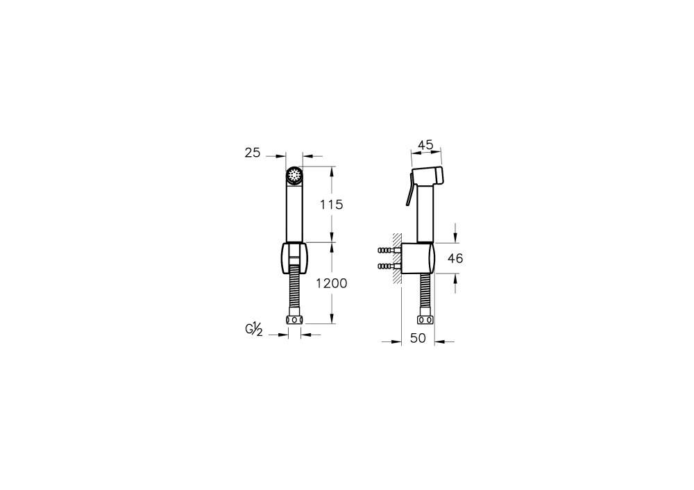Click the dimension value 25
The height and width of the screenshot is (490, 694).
[253, 153]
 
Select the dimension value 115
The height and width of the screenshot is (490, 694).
[332, 205]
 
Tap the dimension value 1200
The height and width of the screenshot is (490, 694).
[332, 283]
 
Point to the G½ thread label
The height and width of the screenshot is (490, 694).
[255, 330]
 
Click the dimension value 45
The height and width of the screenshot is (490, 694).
[426, 145]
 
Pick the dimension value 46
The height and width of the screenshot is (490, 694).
[455, 258]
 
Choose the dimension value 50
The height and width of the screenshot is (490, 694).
[418, 338]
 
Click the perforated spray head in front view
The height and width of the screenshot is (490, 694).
[294, 176]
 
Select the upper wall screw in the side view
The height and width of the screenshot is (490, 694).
[389, 251]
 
